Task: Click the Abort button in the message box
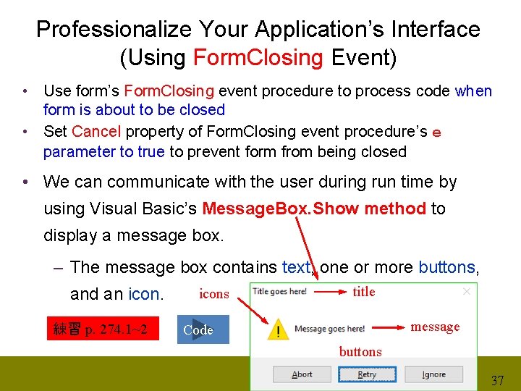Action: pyautogui.click(x=302, y=374)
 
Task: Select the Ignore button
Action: pyautogui.click(x=433, y=374)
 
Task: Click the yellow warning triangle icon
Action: pyautogui.click(x=276, y=330)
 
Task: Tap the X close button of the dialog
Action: pyautogui.click(x=466, y=291)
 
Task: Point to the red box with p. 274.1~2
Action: pyautogui.click(x=103, y=329)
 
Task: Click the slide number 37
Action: pyautogui.click(x=498, y=380)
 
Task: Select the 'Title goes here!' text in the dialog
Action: pyautogui.click(x=279, y=292)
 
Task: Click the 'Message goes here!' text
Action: pyautogui.click(x=329, y=329)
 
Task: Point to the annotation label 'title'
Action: pyautogui.click(x=364, y=292)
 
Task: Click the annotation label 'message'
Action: pyautogui.click(x=435, y=327)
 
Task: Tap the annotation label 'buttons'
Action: pyautogui.click(x=360, y=352)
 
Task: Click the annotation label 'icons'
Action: pyautogui.click(x=213, y=294)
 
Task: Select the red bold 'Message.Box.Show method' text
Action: pyautogui.click(x=314, y=209)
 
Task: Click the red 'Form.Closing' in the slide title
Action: pyautogui.click(x=258, y=57)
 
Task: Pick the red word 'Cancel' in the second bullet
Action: pyautogui.click(x=97, y=132)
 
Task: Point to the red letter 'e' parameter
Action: pyautogui.click(x=436, y=133)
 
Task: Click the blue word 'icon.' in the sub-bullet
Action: pyautogui.click(x=145, y=294)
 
